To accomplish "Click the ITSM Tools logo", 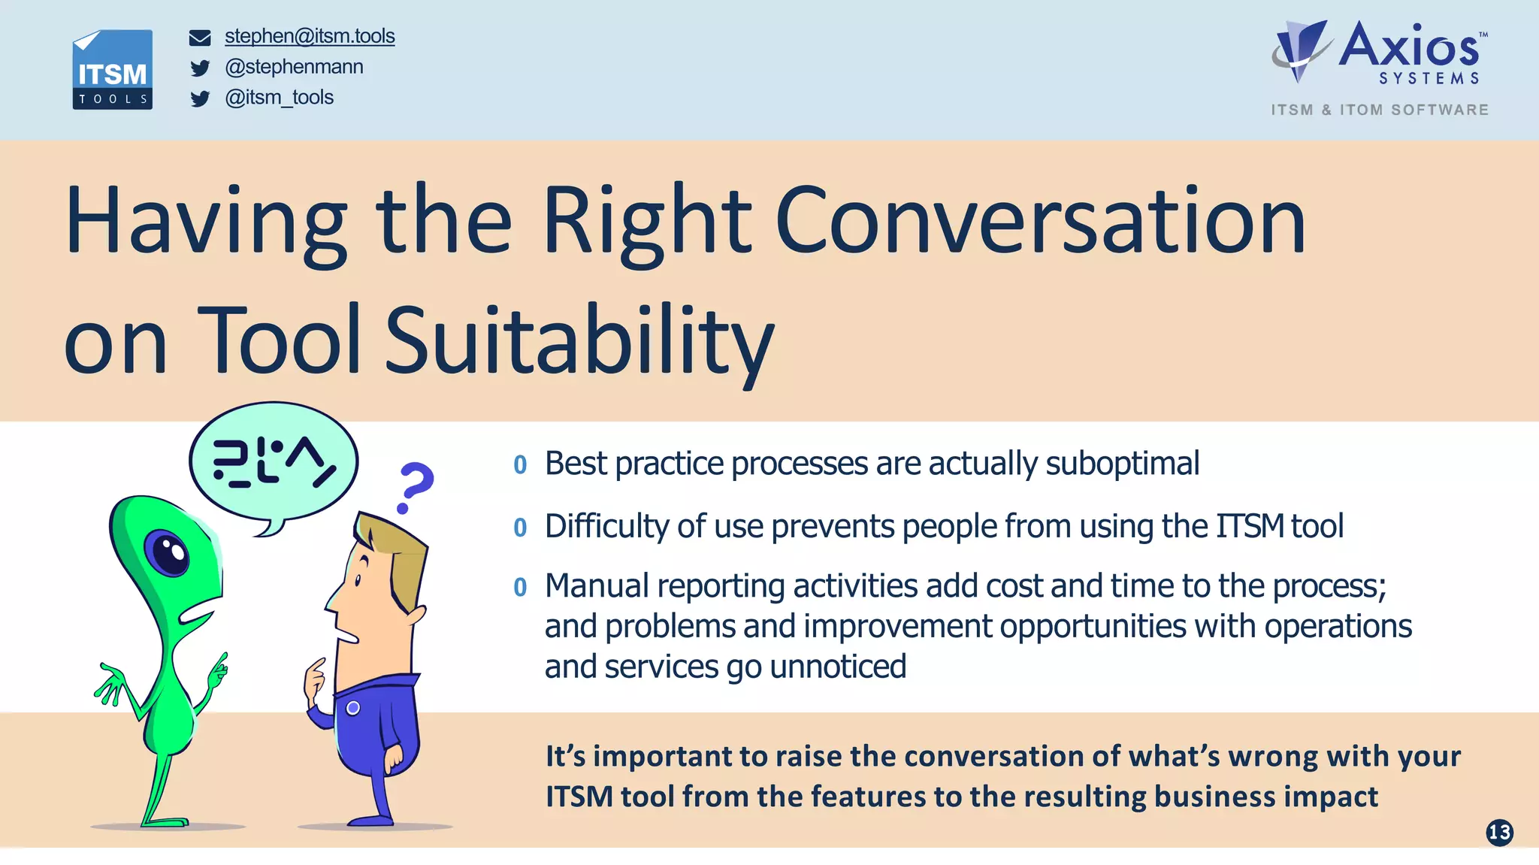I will [x=113, y=70].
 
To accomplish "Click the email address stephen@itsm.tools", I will [x=310, y=36].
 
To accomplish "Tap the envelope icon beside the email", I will [x=200, y=38].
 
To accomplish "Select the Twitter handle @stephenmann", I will [x=294, y=67].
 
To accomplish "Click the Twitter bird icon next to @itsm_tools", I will [x=200, y=99].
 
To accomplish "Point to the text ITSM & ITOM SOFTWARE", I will [x=1380, y=110].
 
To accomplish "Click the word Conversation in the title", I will [x=1040, y=221].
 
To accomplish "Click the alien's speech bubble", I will [x=274, y=462].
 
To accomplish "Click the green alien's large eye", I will [x=169, y=553].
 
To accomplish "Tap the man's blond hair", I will [x=395, y=549].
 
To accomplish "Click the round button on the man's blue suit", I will [x=353, y=708].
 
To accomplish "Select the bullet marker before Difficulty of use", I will [x=520, y=528].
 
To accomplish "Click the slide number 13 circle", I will [x=1499, y=832].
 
